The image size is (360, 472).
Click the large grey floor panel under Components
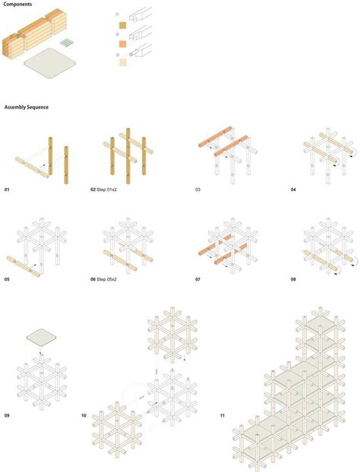(x=50, y=65)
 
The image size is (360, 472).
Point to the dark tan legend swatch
(x=121, y=26)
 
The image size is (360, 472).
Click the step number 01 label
(x=8, y=187)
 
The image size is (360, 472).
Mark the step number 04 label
(x=293, y=187)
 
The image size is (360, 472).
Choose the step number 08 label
(x=293, y=280)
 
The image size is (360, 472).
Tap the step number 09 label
(x=8, y=415)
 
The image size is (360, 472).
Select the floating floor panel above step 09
(x=39, y=335)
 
